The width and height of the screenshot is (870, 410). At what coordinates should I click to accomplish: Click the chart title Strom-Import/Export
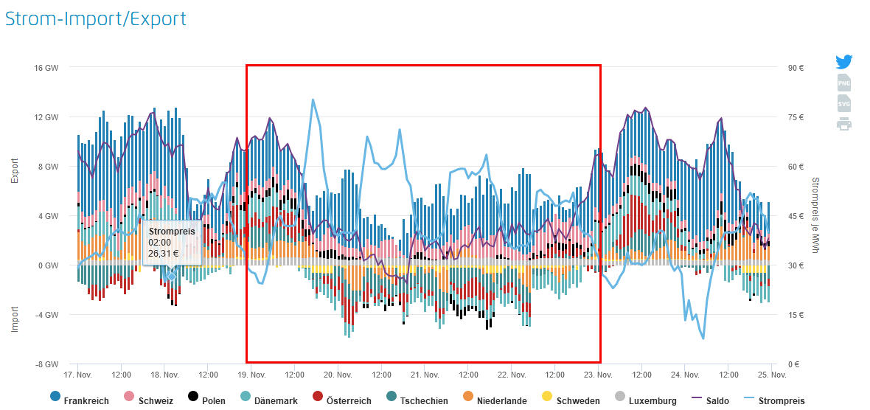[x=96, y=18]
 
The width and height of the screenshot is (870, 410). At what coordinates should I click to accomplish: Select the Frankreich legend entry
[x=79, y=400]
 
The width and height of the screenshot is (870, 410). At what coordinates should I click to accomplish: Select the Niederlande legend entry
[x=495, y=400]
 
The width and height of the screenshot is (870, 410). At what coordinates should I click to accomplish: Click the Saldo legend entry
[x=711, y=400]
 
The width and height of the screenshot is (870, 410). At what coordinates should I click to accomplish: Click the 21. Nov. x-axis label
[x=424, y=375]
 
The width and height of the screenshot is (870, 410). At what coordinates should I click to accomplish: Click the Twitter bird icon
[x=844, y=62]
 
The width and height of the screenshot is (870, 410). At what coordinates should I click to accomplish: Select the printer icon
[x=844, y=124]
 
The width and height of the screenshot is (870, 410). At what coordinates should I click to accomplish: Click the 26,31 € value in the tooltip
[x=164, y=252]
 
